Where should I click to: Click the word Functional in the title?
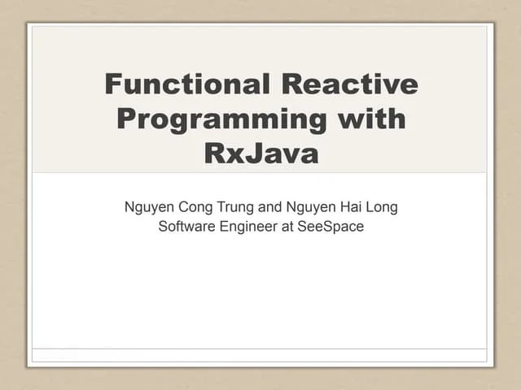click(x=187, y=84)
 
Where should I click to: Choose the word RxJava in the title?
click(x=260, y=154)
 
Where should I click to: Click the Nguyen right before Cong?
click(x=148, y=207)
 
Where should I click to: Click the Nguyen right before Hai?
click(x=309, y=207)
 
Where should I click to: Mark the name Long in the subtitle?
click(x=381, y=207)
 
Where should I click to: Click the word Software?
click(x=186, y=227)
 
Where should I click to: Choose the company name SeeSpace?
click(x=331, y=227)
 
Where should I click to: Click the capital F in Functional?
click(x=113, y=84)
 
